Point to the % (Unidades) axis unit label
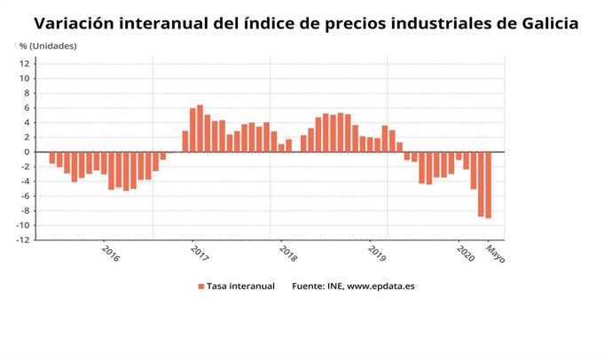pyautogui.click(x=48, y=45)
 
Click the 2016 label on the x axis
pyautogui.click(x=111, y=253)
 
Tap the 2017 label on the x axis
pyautogui.click(x=199, y=253)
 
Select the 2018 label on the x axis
pyautogui.click(x=288, y=253)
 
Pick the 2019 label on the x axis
pyautogui.click(x=378, y=253)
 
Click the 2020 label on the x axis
pyautogui.click(x=466, y=253)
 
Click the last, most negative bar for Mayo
pyautogui.click(x=488, y=184)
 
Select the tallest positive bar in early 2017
pyautogui.click(x=200, y=129)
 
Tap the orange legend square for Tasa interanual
pyautogui.click(x=201, y=286)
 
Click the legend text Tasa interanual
pyautogui.click(x=240, y=286)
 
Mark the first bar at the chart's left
pyautogui.click(x=52, y=158)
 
